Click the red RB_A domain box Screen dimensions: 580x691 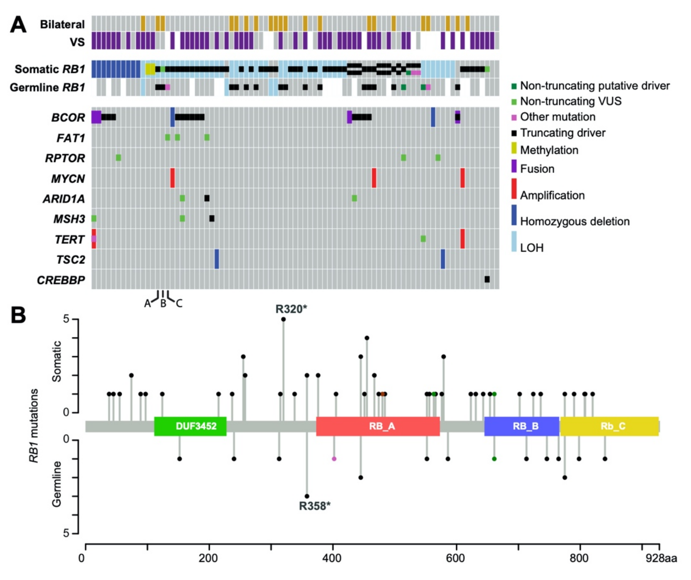click(378, 426)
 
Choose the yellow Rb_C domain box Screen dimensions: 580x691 click(609, 426)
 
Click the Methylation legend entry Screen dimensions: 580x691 click(549, 150)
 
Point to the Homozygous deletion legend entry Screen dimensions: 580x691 click(575, 221)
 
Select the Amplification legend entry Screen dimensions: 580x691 click(552, 195)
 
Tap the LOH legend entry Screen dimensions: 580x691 click(532, 247)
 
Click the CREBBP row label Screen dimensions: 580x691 click(61, 280)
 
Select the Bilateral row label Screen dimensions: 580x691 click(62, 24)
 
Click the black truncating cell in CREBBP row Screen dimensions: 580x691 click(487, 279)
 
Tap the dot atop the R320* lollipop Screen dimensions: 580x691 click(283, 319)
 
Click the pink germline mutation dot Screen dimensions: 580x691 click(334, 459)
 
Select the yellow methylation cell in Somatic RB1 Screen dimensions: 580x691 click(150, 69)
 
